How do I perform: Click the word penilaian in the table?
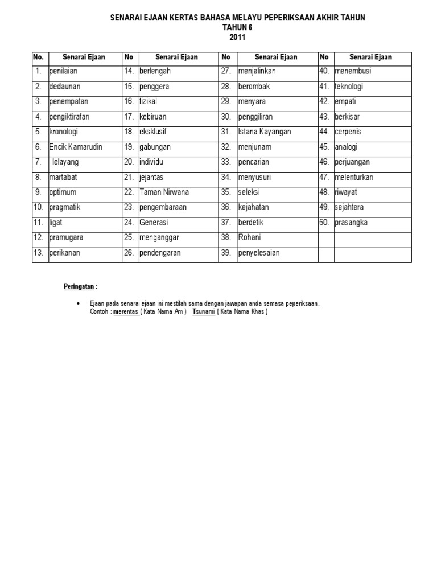(64, 72)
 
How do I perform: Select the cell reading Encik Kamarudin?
(76, 147)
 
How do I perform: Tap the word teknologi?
(349, 87)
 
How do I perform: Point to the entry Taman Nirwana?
(164, 192)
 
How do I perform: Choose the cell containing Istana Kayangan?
(265, 132)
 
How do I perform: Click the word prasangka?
(351, 223)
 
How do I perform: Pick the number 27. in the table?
(226, 72)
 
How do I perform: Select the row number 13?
(39, 253)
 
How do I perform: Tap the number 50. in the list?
(324, 223)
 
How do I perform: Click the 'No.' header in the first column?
(39, 57)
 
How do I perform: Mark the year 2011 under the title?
(238, 38)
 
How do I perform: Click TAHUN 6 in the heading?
(238, 28)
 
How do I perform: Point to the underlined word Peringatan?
(79, 286)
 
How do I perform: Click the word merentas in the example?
(126, 312)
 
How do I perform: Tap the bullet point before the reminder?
(77, 304)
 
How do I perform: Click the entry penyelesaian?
(259, 253)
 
